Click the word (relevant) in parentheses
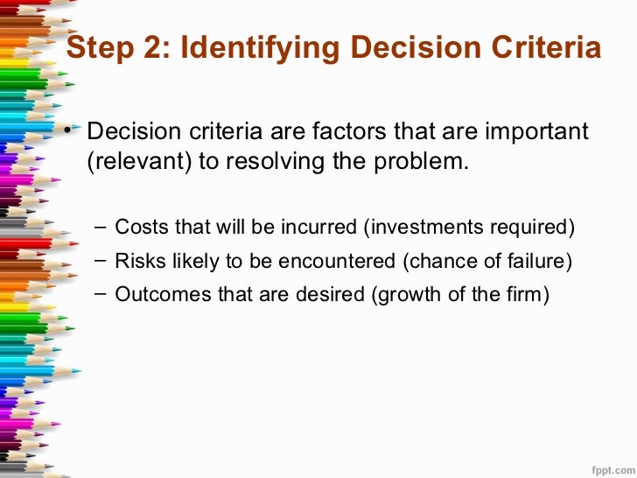[x=132, y=162]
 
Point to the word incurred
[x=318, y=228]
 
